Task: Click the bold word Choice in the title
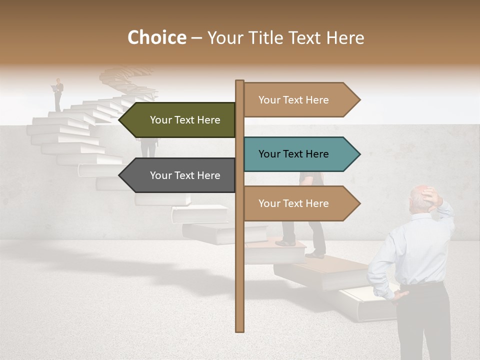156,38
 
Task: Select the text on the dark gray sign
185,175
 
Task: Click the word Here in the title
345,38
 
